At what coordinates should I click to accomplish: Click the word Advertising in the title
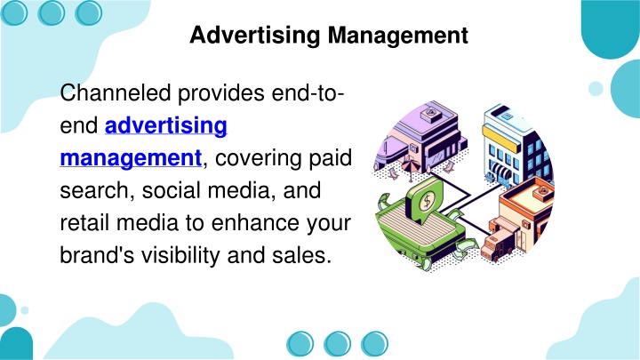255,36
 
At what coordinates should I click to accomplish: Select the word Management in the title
398,36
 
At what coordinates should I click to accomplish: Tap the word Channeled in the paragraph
116,92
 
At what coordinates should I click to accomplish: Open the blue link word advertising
166,125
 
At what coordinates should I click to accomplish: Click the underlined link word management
131,158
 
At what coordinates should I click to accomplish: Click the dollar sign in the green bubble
428,201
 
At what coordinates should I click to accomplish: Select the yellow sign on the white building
501,139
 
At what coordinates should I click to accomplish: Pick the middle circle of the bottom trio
337,344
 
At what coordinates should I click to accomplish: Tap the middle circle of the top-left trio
51,12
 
